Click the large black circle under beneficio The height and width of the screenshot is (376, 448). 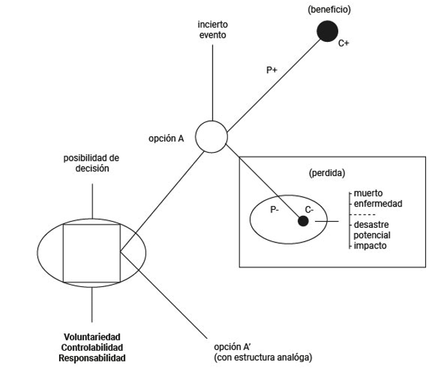tap(326, 31)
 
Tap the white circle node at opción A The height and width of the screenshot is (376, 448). tap(212, 136)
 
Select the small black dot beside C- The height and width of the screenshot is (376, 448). tap(303, 221)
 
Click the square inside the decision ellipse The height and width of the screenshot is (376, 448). tap(92, 253)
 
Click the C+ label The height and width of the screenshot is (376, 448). tap(344, 44)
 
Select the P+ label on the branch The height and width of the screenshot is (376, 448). tap(271, 69)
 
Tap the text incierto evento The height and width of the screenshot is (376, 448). tap(212, 30)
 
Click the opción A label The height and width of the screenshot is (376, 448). tap(166, 140)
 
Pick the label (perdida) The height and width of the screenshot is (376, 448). tap(326, 173)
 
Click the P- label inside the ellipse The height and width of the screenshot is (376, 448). tap(275, 209)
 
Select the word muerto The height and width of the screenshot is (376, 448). tap(368, 193)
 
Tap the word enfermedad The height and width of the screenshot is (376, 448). tap(378, 203)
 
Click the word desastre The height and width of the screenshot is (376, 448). tap(371, 225)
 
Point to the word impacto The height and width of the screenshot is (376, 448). tap(370, 245)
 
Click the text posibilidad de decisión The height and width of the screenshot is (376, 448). tap(91, 163)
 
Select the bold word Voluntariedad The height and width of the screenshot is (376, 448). tap(92, 337)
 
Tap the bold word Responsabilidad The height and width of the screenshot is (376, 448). tap(92, 358)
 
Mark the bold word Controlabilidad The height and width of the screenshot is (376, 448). tap(92, 348)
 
